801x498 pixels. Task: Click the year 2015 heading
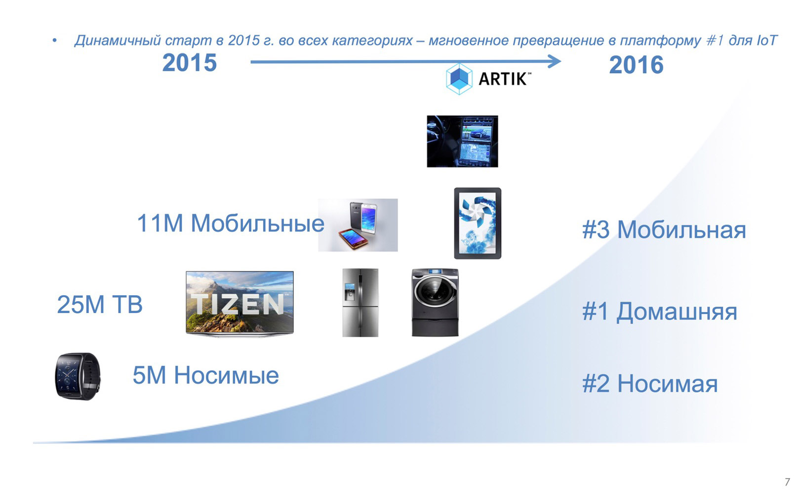(x=190, y=63)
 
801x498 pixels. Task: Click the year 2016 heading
(x=636, y=65)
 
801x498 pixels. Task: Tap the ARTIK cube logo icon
(x=459, y=79)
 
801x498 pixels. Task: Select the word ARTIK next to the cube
(x=503, y=79)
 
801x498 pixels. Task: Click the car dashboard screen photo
(x=462, y=141)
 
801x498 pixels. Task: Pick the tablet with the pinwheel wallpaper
(x=478, y=223)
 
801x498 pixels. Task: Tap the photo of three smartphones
(x=358, y=225)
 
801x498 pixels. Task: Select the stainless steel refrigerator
(x=360, y=303)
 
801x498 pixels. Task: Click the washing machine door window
(x=435, y=292)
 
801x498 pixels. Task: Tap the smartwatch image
(x=78, y=376)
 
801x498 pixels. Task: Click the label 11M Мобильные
(x=231, y=224)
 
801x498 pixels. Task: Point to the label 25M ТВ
(x=100, y=304)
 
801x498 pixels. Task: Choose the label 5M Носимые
(x=205, y=375)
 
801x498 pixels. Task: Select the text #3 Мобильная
(x=664, y=229)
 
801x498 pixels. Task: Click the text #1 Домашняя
(x=660, y=311)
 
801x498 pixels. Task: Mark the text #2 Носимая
(x=650, y=383)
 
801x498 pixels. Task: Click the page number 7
(x=787, y=482)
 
